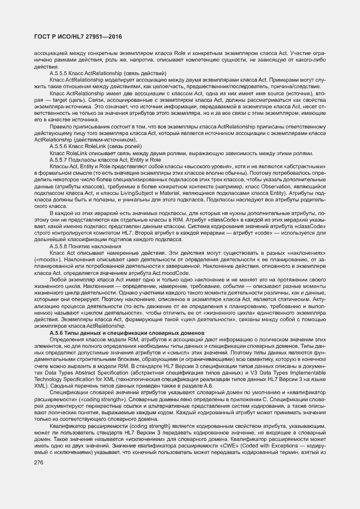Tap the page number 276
click(x=39, y=463)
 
